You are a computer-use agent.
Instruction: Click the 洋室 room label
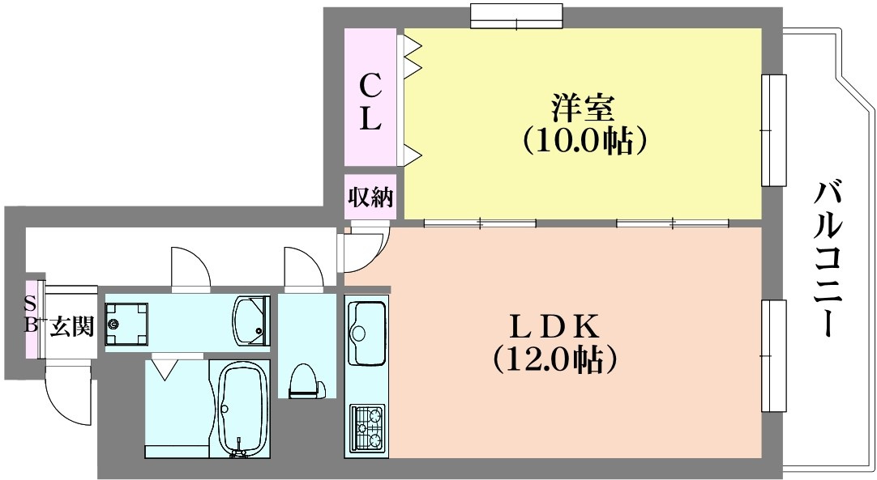[x=584, y=106]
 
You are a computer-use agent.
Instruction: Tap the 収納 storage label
[x=370, y=198]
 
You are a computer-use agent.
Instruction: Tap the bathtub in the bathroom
[x=241, y=409]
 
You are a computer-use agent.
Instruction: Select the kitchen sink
[x=367, y=332]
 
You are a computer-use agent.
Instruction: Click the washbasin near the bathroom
[x=250, y=319]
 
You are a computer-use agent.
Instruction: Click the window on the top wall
[x=516, y=15]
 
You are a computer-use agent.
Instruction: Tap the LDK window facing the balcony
[x=773, y=356]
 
